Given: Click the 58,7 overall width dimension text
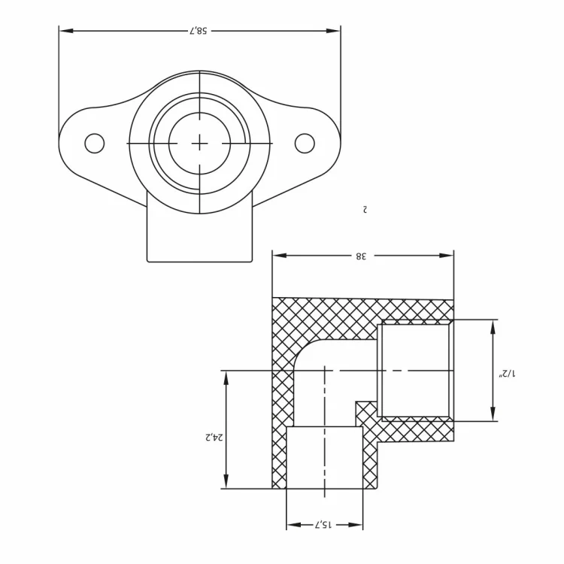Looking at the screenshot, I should click(199, 31).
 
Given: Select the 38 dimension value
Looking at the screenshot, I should click(361, 256).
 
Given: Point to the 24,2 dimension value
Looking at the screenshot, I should click(211, 437).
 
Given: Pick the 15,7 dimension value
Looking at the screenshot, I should click(323, 523).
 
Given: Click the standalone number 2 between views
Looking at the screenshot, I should click(365, 209).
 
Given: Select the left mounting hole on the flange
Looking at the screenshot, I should click(94, 143).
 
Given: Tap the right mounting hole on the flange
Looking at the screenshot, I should click(305, 143).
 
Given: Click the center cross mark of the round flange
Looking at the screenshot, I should click(199, 143).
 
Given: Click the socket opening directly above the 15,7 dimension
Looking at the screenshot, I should click(324, 457).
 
